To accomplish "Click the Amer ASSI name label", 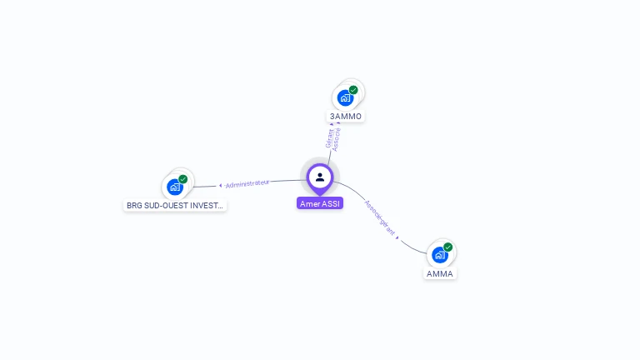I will coord(320,203).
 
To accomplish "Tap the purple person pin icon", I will coord(320,177).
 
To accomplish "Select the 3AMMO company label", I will coord(346,116).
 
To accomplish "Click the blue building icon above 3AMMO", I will coord(345,98).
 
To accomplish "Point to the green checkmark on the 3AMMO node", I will coord(353,90).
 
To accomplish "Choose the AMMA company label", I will coord(440,273).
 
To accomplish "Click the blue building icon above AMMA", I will coord(439,255).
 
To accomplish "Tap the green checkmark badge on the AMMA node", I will coord(447,247).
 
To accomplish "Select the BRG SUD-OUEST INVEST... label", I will coord(174,205).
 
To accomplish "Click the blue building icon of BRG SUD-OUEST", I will coord(175,187).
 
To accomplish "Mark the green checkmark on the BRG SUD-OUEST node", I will coord(183,179).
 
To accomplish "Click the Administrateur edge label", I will coord(247,183).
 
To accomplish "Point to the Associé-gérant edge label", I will coord(379,217).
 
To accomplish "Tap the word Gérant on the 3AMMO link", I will coord(330,138).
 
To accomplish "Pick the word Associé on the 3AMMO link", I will coord(337,138).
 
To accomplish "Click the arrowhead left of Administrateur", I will coord(221,186).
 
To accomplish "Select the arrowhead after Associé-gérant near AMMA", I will coord(397,237).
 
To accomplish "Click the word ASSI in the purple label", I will coord(331,203).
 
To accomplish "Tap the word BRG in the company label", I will coord(133,205).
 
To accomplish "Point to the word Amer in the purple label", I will coord(310,203).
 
